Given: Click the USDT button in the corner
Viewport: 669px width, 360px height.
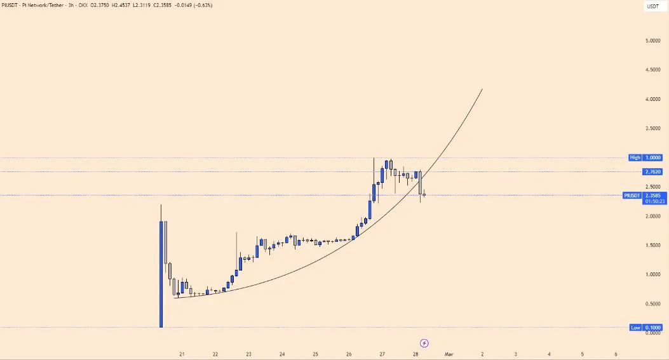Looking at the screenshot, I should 653,6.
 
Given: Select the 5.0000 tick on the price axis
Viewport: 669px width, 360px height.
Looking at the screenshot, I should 652,41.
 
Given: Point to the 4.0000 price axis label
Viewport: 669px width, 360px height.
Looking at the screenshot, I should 652,99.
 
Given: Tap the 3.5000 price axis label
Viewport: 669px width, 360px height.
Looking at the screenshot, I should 652,128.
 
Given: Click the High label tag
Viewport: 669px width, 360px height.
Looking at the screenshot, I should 635,157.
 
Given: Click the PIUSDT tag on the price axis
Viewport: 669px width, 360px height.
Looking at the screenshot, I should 633,196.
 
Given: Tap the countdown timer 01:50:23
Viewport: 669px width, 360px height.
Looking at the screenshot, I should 654,201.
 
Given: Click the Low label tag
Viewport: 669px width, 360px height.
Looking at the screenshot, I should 635,328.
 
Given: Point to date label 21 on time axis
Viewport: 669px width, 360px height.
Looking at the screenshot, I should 182,354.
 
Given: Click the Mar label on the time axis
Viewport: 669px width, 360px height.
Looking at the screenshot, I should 449,354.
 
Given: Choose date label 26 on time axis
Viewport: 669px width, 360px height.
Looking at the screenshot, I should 349,354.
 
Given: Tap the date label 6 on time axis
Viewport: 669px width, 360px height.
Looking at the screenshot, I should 616,354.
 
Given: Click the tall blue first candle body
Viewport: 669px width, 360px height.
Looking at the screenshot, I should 161,273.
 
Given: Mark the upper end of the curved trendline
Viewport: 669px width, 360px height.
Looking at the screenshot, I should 482,90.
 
